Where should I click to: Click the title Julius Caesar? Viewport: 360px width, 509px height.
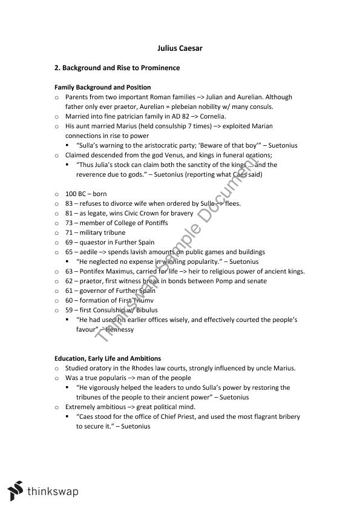tap(180, 48)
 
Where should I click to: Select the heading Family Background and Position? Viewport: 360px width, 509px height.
tap(102, 87)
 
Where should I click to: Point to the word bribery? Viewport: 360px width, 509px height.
tap(287, 416)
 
